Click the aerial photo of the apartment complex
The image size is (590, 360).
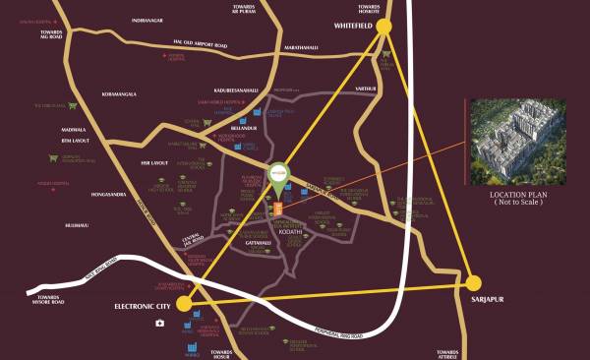515,141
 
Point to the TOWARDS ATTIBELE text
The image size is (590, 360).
448,352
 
